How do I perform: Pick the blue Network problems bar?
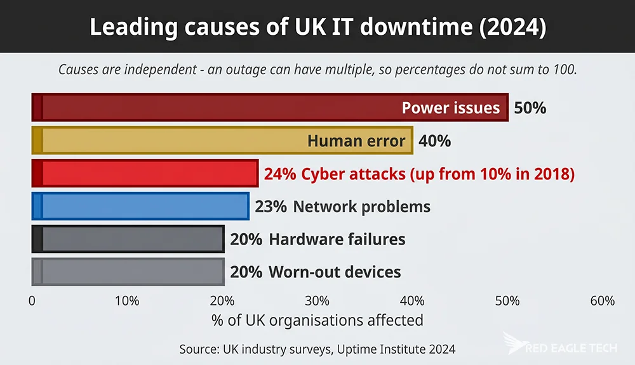coord(140,206)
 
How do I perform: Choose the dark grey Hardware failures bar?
coord(128,239)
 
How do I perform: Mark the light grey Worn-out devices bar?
coord(128,272)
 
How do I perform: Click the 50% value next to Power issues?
coord(530,108)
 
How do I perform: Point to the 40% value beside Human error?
coord(434,141)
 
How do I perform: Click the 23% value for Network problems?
coord(271,207)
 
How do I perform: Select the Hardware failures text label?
coord(337,240)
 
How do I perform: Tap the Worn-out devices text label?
coord(335,272)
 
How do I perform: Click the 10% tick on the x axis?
coord(127,301)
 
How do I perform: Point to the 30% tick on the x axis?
coord(317,301)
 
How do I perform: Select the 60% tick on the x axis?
coord(602,301)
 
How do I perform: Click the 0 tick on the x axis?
coord(32,301)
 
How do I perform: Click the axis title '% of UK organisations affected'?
coord(317,320)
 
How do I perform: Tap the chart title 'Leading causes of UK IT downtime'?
coord(317,27)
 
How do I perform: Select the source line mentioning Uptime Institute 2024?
coord(317,349)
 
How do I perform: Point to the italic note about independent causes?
coord(317,70)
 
